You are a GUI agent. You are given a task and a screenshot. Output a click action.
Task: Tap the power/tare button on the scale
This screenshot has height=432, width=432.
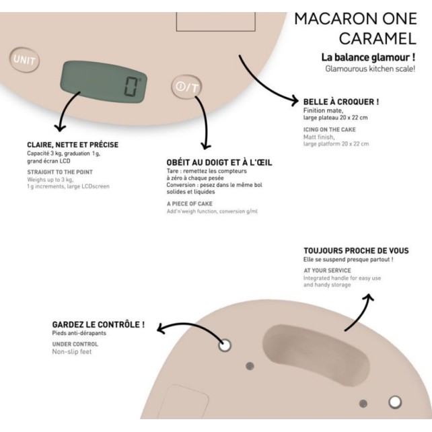coord(187,87)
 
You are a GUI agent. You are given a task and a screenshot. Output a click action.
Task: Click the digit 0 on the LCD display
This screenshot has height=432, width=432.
coord(131,87)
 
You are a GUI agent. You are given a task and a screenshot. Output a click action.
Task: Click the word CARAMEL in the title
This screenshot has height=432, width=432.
coord(377,38)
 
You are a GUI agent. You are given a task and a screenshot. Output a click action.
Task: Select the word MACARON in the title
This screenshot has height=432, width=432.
coord(335,19)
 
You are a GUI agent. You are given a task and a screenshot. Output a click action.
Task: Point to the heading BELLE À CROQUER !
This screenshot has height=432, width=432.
coord(341,102)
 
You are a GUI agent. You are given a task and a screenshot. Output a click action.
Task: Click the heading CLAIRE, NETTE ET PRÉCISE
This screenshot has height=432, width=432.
coord(73,145)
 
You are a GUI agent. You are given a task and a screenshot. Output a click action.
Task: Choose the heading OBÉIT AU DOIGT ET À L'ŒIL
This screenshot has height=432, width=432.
coord(219,163)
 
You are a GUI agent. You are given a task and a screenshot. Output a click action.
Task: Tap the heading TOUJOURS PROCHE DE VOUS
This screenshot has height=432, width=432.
coord(356,251)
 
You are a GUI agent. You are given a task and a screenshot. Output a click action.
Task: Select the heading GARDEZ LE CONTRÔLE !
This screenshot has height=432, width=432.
coord(98,324)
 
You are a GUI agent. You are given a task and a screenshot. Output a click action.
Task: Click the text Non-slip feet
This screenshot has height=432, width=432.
coord(72,351)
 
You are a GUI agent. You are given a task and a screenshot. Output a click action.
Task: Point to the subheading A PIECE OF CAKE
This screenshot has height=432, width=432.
coord(190,204)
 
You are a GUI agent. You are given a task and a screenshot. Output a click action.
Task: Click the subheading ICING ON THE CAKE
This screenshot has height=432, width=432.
coord(330,129)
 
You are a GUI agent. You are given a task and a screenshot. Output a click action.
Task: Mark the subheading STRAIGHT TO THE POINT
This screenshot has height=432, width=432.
coord(60,172)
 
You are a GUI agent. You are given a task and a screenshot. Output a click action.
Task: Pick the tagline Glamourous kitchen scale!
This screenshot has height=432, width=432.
coord(370,69)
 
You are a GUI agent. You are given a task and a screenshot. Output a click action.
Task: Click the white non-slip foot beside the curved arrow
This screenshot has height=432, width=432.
coord(225,345)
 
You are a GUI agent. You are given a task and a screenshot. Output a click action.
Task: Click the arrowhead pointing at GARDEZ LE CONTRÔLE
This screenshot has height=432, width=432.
coord(161,328)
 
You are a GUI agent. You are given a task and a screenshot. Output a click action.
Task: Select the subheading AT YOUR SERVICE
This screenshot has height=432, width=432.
coord(327,271)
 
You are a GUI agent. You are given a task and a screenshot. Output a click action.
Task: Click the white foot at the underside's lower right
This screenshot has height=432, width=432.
coord(395,402)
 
